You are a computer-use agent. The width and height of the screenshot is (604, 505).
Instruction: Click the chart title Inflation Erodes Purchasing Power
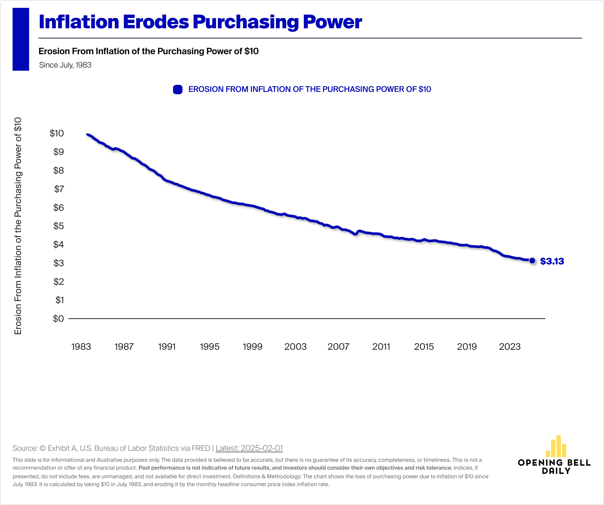[200, 22]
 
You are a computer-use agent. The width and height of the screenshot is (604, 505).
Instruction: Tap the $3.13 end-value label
[552, 261]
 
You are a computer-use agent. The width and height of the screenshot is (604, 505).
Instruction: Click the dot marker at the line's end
[532, 260]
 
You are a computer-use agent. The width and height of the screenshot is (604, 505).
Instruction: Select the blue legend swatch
[177, 89]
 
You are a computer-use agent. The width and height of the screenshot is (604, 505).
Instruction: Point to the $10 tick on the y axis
[57, 133]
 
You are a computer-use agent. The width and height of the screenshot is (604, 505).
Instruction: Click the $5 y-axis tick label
[58, 226]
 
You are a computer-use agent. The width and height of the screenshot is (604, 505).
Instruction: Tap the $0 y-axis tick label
[58, 319]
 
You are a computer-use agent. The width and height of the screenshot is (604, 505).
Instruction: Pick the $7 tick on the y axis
[59, 189]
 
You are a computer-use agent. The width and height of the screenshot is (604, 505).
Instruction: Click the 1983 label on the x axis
[81, 346]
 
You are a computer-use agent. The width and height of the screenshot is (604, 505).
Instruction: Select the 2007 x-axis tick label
[338, 346]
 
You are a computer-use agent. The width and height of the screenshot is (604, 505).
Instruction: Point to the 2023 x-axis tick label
[510, 346]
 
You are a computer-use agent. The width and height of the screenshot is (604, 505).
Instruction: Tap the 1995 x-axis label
[210, 346]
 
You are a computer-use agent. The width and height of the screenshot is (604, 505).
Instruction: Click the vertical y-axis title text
[18, 226]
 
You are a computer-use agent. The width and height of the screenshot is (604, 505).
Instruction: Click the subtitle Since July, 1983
[65, 65]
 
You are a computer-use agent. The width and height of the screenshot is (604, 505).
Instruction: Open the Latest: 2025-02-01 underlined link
[249, 448]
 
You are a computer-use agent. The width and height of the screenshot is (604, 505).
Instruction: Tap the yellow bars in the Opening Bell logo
[556, 447]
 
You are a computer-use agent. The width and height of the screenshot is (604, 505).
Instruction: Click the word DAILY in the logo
[556, 471]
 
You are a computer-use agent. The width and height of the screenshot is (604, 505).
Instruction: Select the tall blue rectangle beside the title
[21, 39]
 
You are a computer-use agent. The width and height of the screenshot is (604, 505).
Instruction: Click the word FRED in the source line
[201, 448]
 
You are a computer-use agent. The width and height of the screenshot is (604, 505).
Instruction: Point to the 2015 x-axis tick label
[424, 346]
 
